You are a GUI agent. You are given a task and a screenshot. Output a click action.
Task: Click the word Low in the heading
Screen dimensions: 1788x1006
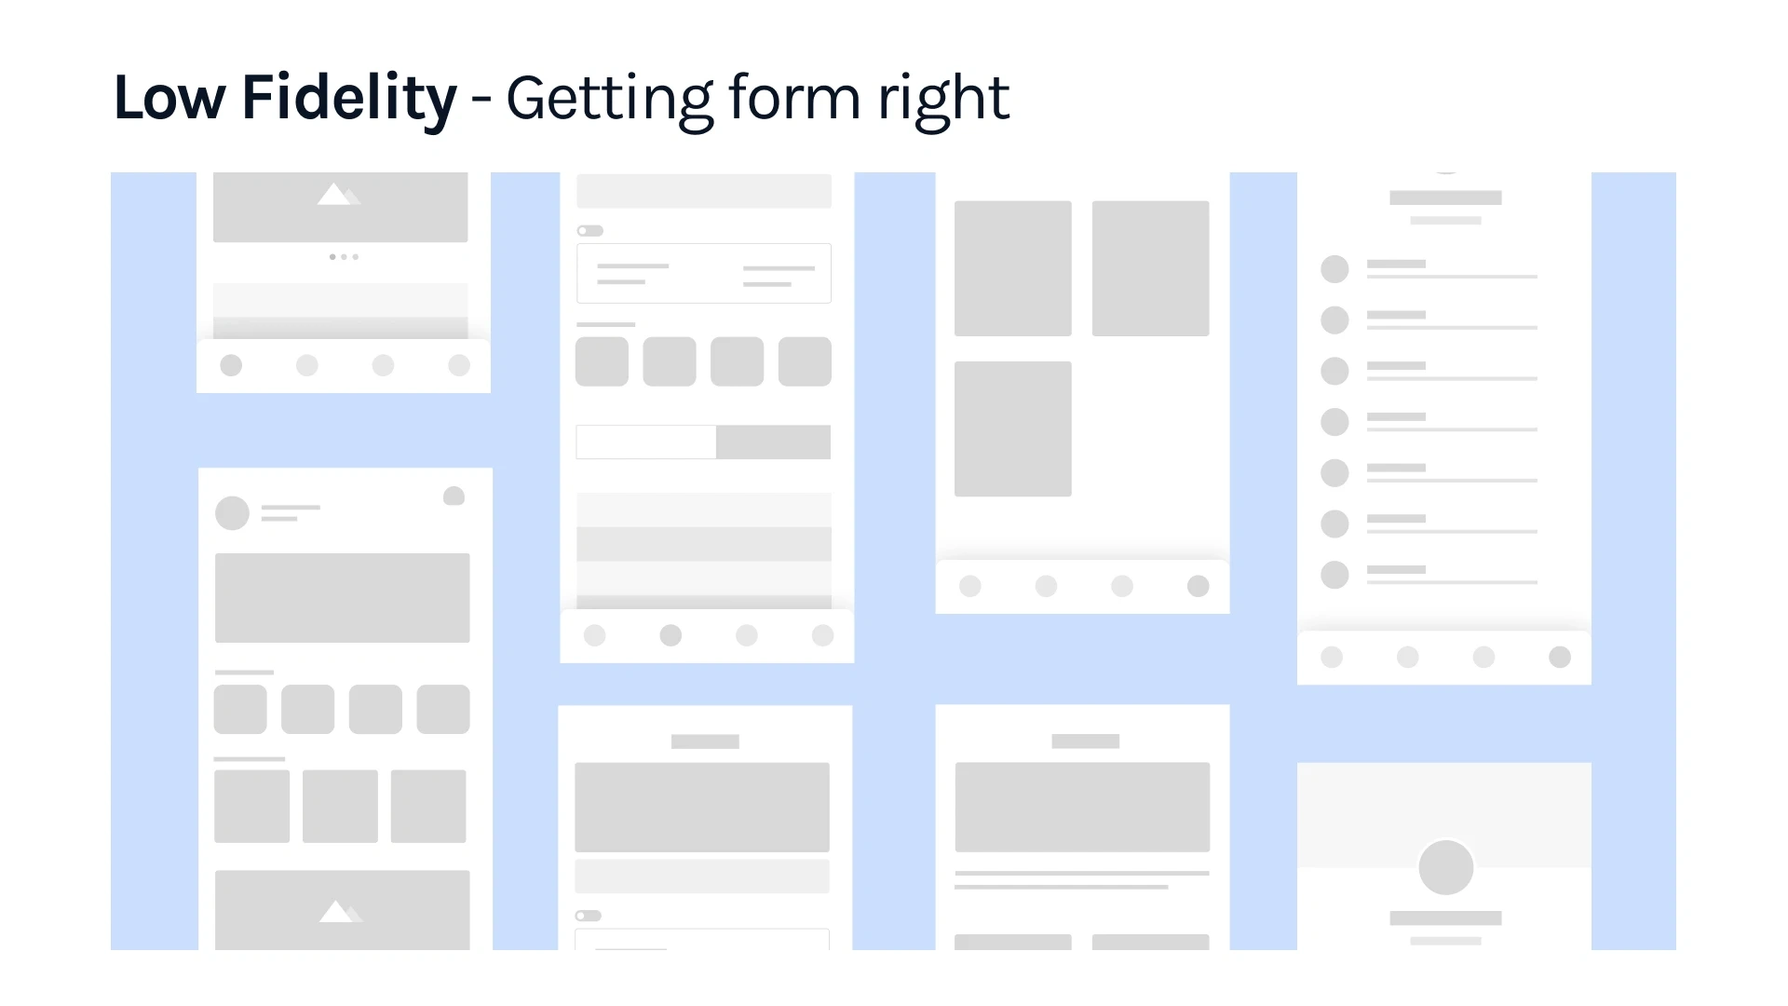pyautogui.click(x=169, y=97)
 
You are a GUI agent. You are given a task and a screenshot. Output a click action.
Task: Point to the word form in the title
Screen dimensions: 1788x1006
pyautogui.click(x=794, y=97)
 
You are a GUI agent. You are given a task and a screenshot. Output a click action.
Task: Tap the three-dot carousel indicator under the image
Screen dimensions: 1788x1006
pyautogui.click(x=344, y=256)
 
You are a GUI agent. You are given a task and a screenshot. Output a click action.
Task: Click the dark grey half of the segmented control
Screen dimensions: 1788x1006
pyautogui.click(x=773, y=442)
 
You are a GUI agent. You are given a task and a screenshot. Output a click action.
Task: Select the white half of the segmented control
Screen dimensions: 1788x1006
pyautogui.click(x=646, y=442)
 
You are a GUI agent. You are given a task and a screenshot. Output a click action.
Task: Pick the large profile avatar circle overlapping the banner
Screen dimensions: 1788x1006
pyautogui.click(x=1445, y=867)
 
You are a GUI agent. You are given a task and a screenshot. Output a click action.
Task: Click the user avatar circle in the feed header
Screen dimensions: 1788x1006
pyautogui.click(x=232, y=513)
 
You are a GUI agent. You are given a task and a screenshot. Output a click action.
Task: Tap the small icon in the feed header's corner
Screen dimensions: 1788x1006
pyautogui.click(x=454, y=496)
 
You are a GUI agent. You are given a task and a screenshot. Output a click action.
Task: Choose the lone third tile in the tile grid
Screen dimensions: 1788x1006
pyautogui.click(x=1013, y=428)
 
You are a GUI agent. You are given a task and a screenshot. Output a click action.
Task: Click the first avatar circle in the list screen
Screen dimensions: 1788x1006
pyautogui.click(x=1334, y=269)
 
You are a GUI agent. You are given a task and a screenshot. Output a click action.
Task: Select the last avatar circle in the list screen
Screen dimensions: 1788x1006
pyautogui.click(x=1334, y=575)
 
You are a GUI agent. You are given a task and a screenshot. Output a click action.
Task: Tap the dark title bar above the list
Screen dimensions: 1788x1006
pyautogui.click(x=1445, y=197)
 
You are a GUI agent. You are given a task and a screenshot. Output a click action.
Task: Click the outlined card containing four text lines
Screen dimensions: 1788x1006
pyautogui.click(x=704, y=273)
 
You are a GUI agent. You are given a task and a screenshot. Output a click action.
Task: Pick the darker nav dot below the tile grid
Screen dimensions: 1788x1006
pyautogui.click(x=1199, y=586)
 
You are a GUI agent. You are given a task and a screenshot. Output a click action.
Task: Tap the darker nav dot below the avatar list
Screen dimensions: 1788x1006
pyautogui.click(x=1560, y=658)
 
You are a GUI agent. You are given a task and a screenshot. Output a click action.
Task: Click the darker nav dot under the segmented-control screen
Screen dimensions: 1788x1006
pyautogui.click(x=670, y=635)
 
